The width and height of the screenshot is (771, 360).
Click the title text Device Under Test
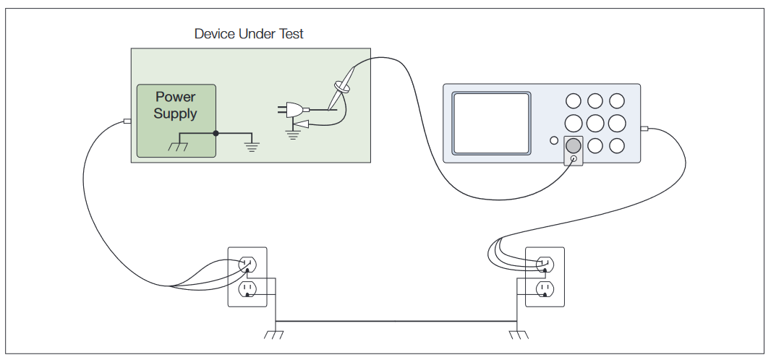point(249,34)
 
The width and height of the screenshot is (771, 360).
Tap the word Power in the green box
point(175,97)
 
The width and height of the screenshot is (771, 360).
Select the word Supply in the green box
point(175,114)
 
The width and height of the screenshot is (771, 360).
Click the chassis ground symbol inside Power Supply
point(177,145)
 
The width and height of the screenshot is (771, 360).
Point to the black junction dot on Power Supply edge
point(216,134)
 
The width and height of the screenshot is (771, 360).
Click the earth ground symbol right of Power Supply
point(252,146)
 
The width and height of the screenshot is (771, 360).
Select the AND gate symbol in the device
point(295,110)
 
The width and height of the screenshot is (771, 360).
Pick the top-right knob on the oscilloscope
point(616,101)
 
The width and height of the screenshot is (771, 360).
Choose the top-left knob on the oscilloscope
point(573,101)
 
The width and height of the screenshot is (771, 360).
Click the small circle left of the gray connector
point(554,141)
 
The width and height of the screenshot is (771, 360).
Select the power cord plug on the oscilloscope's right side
point(644,129)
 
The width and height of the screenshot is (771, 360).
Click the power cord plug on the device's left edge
point(127,121)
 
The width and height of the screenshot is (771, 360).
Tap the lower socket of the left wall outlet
point(247,290)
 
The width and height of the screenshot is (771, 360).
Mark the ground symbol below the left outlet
point(274,335)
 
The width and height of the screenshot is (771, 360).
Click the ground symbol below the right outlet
point(517,335)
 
